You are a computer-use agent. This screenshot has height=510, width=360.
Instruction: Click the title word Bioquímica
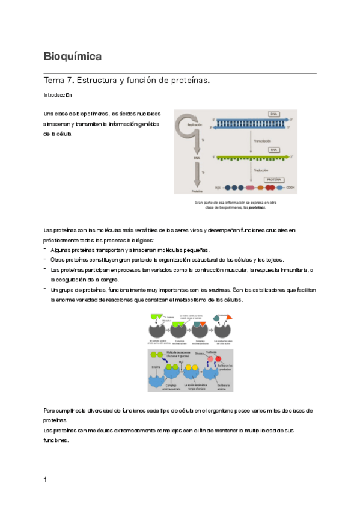coord(72,57)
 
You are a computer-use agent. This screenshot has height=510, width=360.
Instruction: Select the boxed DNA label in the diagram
coord(274,114)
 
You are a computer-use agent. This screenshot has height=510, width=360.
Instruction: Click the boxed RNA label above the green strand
coord(273,149)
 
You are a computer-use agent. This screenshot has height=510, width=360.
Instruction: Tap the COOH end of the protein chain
coord(290,188)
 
